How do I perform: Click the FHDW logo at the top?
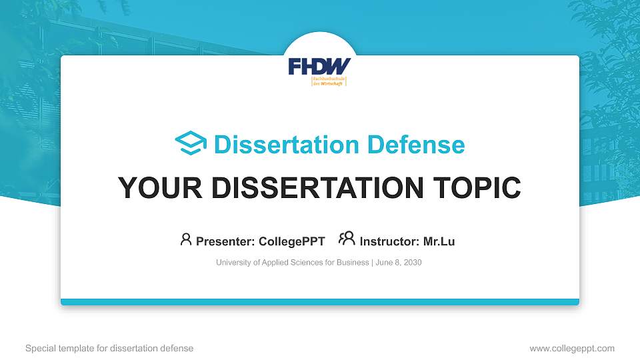(319, 67)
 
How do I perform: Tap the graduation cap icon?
(191, 143)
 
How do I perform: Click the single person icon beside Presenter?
(186, 239)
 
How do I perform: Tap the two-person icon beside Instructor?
(347, 239)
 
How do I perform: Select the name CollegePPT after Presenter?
(292, 241)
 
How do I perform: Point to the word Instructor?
(389, 241)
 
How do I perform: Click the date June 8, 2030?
(399, 263)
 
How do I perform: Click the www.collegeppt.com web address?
(572, 348)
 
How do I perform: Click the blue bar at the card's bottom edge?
(320, 302)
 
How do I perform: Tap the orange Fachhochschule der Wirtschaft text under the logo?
(329, 81)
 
